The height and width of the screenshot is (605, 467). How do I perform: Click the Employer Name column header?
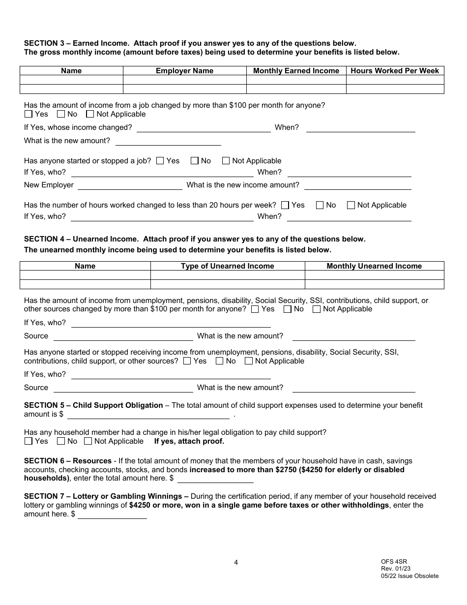tap(184, 71)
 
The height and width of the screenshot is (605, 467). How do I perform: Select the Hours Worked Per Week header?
tap(395, 71)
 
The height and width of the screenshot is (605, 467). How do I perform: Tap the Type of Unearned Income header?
tap(227, 266)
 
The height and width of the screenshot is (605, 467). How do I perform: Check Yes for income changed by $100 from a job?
tap(29, 114)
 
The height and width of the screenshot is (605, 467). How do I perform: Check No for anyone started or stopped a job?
tap(195, 161)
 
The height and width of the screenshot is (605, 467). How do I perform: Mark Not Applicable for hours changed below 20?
tap(351, 205)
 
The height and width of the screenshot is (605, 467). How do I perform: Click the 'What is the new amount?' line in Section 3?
tap(168, 141)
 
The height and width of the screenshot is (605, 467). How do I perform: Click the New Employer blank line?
tap(130, 185)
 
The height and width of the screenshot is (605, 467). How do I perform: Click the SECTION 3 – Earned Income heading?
tap(81, 43)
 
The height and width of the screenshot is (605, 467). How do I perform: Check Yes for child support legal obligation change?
tap(29, 441)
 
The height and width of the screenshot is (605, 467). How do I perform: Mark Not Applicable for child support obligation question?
tap(88, 441)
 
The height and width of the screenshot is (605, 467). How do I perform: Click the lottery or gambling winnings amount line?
tap(112, 514)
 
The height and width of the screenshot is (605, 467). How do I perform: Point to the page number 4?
tap(236, 562)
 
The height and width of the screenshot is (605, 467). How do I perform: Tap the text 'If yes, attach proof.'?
tap(189, 441)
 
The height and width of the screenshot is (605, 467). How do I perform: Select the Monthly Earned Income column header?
tap(296, 71)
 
